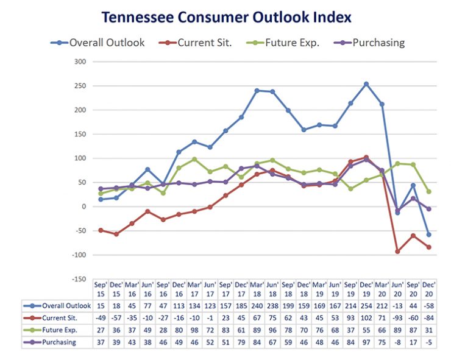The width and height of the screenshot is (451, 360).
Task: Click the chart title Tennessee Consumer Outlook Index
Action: point(226,16)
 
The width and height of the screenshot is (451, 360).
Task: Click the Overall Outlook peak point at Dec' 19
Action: point(366,84)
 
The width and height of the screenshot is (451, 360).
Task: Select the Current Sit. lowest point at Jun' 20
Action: point(397,252)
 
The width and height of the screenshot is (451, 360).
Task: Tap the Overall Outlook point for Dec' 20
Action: point(428,235)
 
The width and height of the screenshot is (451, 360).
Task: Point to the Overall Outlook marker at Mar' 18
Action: point(257,91)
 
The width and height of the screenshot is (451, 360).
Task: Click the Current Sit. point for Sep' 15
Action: point(101,230)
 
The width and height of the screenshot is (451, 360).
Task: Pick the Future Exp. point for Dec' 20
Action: point(428,191)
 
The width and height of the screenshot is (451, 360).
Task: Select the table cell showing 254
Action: point(366,306)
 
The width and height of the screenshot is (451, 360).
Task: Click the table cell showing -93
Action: point(397,318)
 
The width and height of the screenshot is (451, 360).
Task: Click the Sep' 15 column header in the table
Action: point(101,289)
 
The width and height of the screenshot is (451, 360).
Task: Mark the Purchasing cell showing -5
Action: point(428,342)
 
